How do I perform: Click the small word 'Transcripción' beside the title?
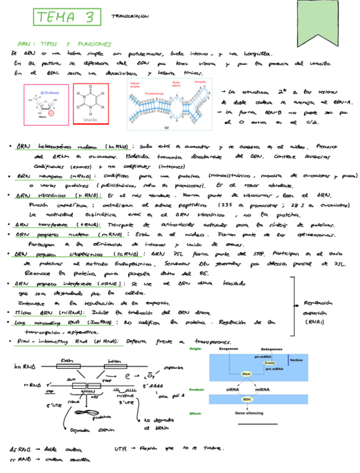coord(130,17)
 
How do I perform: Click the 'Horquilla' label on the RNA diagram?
coord(200,81)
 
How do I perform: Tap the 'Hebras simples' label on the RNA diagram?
coord(135,85)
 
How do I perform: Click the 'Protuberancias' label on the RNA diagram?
coord(154,94)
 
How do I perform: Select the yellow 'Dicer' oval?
coord(246,374)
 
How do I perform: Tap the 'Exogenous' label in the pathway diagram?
coord(228,350)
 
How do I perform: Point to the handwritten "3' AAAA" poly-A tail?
coord(153,386)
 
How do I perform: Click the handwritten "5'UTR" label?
coord(55,406)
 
